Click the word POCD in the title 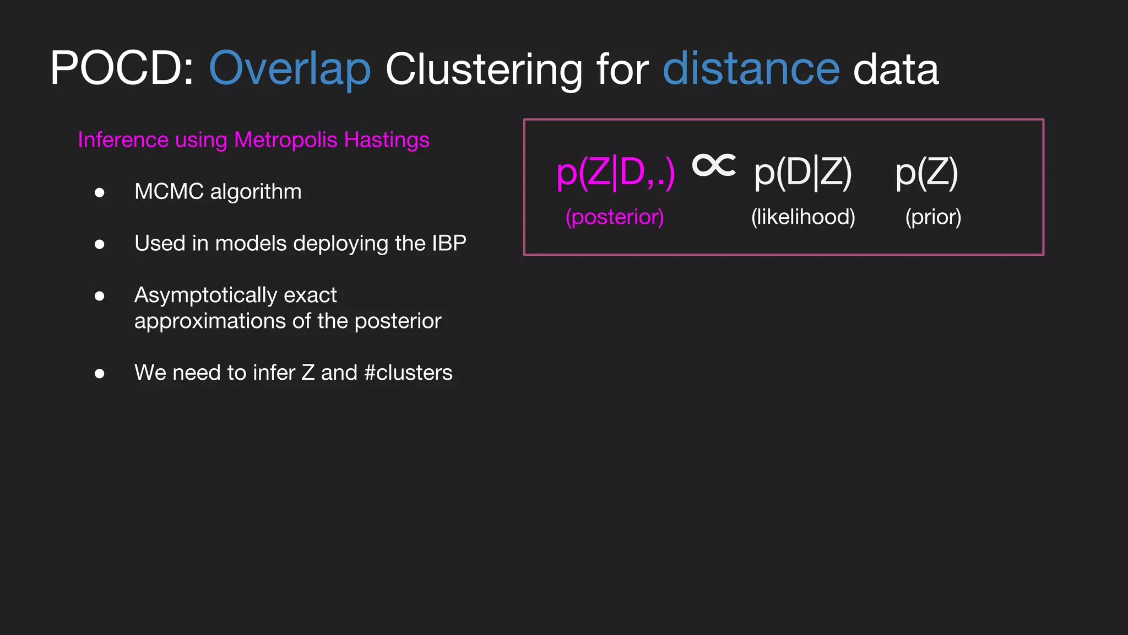[116, 69]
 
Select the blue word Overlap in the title [290, 69]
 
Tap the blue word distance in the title [751, 69]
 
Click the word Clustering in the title [484, 69]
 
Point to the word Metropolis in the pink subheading [285, 140]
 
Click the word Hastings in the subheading [387, 140]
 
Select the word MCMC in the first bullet [169, 192]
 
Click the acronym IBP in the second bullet [449, 243]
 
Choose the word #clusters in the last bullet [408, 373]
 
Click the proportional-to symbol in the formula [714, 165]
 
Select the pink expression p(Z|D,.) [615, 173]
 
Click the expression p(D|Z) [803, 173]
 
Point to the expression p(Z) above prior [927, 173]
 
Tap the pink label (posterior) [615, 217]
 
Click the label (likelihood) [803, 217]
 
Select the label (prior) [933, 217]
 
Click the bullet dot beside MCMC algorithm [100, 192]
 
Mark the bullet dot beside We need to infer [100, 374]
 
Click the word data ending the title [896, 69]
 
